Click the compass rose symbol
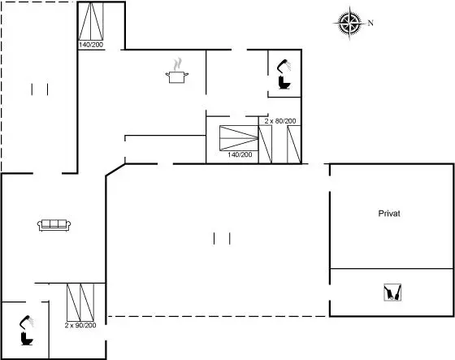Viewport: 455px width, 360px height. [349, 23]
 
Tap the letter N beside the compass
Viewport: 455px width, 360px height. [370, 23]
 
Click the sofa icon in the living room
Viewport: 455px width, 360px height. [54, 225]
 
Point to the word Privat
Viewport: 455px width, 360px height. [389, 214]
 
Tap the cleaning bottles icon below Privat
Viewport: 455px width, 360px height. [392, 292]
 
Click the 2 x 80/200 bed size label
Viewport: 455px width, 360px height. [280, 121]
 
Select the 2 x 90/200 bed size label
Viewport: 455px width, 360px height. [80, 325]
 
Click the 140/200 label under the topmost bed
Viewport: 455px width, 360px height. [91, 45]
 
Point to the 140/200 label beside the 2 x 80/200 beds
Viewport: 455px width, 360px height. [240, 154]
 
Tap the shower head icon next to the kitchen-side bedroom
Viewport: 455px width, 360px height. [284, 66]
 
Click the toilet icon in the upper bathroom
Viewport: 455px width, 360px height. [284, 82]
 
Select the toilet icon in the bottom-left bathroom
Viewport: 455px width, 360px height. [27, 339]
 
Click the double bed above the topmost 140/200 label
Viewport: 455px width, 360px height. [91, 21]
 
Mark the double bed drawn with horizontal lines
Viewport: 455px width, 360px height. [239, 138]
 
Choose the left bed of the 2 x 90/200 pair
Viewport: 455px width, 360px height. [74, 302]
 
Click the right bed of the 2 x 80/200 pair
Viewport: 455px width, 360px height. [293, 145]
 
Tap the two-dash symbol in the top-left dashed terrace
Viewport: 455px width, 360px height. [40, 89]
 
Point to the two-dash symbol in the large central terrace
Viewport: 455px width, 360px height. [222, 238]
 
